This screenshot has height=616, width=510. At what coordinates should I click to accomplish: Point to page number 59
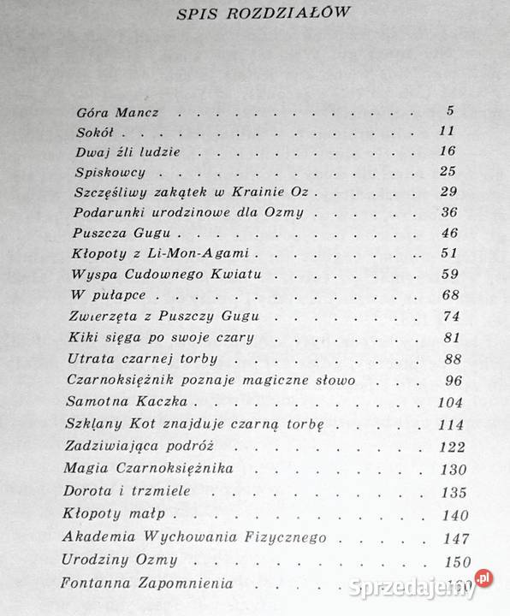[447, 275]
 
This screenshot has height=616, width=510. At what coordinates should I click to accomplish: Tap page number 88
[447, 358]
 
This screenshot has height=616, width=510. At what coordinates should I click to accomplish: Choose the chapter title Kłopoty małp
[113, 515]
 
